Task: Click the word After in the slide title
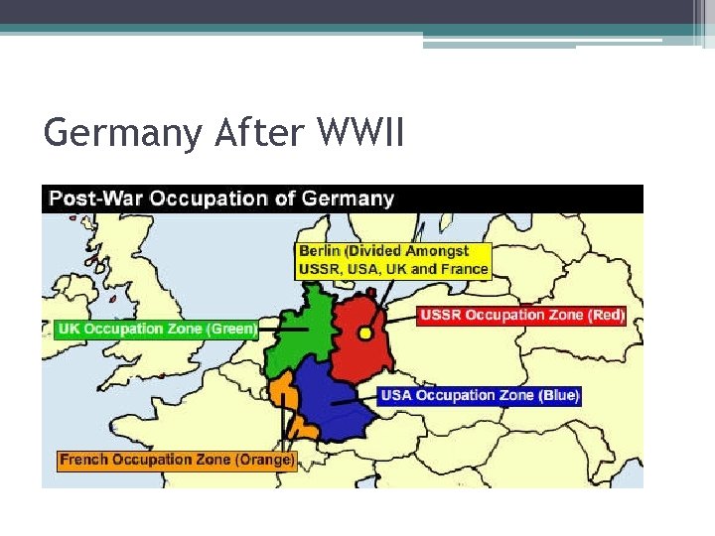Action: [x=255, y=131]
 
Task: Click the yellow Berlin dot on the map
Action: [x=364, y=334]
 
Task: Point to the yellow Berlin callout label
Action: [x=393, y=260]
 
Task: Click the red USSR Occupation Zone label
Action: [x=522, y=316]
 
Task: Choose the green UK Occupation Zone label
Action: [x=157, y=329]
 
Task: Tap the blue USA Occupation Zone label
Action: [x=480, y=395]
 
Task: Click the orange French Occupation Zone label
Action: [x=177, y=460]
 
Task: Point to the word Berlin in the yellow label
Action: [x=320, y=251]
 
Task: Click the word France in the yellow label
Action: [x=464, y=269]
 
